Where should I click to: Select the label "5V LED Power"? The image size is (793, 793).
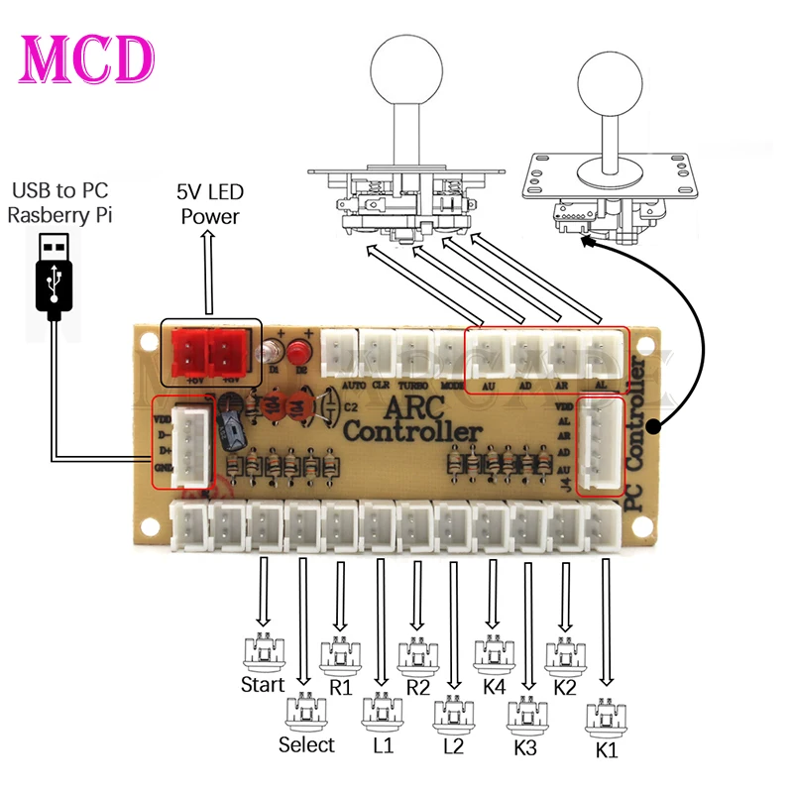[x=210, y=204]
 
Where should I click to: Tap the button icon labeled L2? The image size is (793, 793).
[x=455, y=712]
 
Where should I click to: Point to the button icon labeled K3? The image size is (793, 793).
[x=527, y=714]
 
